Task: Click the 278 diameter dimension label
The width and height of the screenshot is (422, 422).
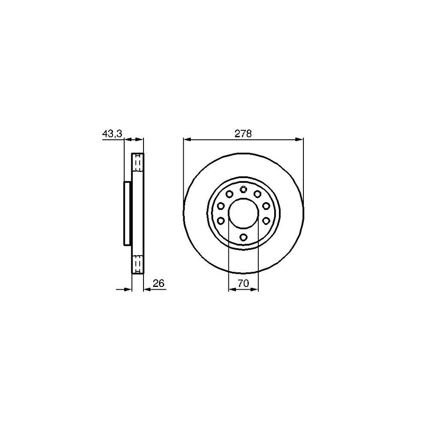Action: (243, 134)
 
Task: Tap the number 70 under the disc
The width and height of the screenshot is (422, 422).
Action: (243, 283)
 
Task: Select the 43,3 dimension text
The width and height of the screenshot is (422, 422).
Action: (112, 134)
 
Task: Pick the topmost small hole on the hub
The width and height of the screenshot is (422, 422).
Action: (243, 189)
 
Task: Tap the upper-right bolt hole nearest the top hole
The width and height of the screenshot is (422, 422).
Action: (257, 194)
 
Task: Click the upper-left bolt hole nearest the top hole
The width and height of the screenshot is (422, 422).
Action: (229, 194)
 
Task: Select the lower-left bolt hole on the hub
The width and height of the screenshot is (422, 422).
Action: (220, 220)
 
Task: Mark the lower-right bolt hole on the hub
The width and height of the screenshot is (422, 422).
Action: (266, 220)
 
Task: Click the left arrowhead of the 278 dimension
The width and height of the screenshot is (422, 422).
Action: (186, 139)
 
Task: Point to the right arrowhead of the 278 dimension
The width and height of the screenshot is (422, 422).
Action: (301, 139)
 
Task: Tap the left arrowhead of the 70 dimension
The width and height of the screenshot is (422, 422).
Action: (231, 290)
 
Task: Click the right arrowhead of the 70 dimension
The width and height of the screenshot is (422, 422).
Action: (255, 290)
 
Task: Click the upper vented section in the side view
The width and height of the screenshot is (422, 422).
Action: (138, 163)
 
